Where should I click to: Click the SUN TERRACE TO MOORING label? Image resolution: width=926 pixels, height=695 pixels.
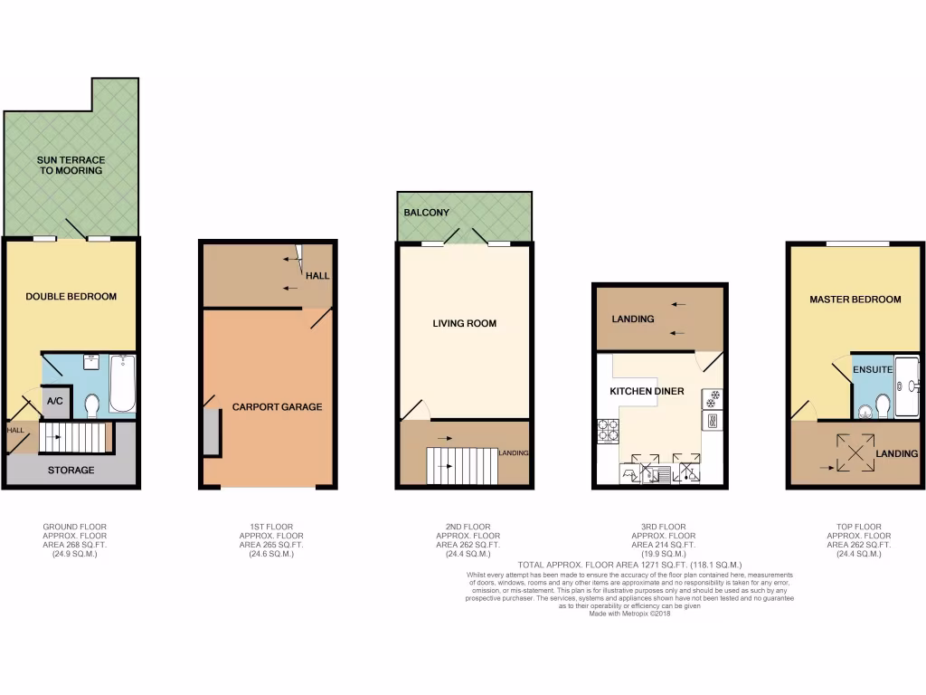click(71, 165)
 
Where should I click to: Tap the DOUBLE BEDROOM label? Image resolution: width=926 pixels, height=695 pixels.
click(71, 296)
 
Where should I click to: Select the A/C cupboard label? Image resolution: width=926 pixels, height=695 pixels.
click(54, 401)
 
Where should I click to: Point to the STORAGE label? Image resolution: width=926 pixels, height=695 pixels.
click(71, 471)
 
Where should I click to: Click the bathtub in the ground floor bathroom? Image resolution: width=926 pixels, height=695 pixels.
click(123, 384)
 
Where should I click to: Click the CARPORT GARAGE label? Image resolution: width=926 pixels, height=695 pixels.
click(277, 407)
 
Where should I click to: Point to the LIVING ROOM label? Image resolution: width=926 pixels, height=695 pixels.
click(464, 323)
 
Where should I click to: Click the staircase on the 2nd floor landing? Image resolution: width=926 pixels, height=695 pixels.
click(463, 466)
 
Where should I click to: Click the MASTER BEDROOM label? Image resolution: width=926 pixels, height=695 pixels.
click(855, 299)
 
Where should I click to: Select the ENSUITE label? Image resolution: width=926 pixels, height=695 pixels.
click(874, 370)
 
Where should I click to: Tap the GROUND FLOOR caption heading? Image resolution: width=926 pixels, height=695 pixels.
click(70, 526)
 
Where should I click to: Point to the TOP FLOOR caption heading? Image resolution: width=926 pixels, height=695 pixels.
click(854, 526)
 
